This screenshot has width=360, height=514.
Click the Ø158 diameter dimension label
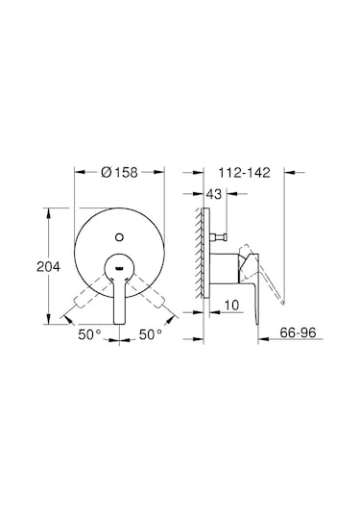pos(120,172)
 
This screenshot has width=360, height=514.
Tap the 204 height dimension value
pos(49,266)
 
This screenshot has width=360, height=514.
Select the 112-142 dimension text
pos(245,172)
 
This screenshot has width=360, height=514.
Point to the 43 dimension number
pos(214,194)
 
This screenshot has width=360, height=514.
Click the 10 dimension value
pos(232,306)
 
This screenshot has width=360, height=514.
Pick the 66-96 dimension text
pos(299,332)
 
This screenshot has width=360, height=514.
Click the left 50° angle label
pos(89,334)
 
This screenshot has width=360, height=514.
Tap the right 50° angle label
pos(151,334)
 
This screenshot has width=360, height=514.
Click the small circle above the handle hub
pos(119,236)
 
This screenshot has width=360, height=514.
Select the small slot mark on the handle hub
pos(119,269)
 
